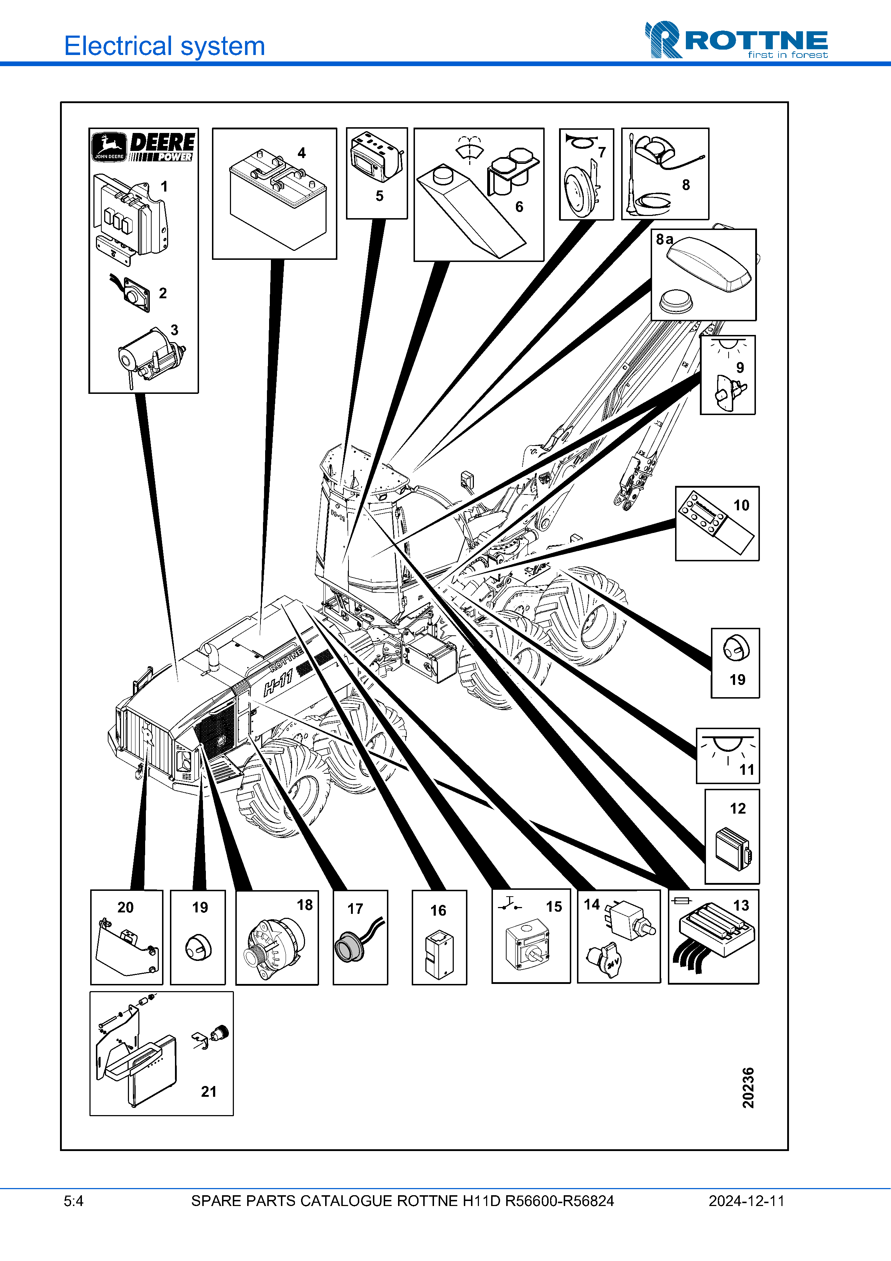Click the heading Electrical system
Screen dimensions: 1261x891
pyautogui.click(x=164, y=46)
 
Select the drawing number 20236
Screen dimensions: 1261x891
pyautogui.click(x=748, y=1087)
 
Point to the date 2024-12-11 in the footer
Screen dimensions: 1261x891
pyautogui.click(x=746, y=1201)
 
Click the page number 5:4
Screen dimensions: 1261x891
pyautogui.click(x=74, y=1201)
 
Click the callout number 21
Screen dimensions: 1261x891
pyautogui.click(x=209, y=1091)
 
